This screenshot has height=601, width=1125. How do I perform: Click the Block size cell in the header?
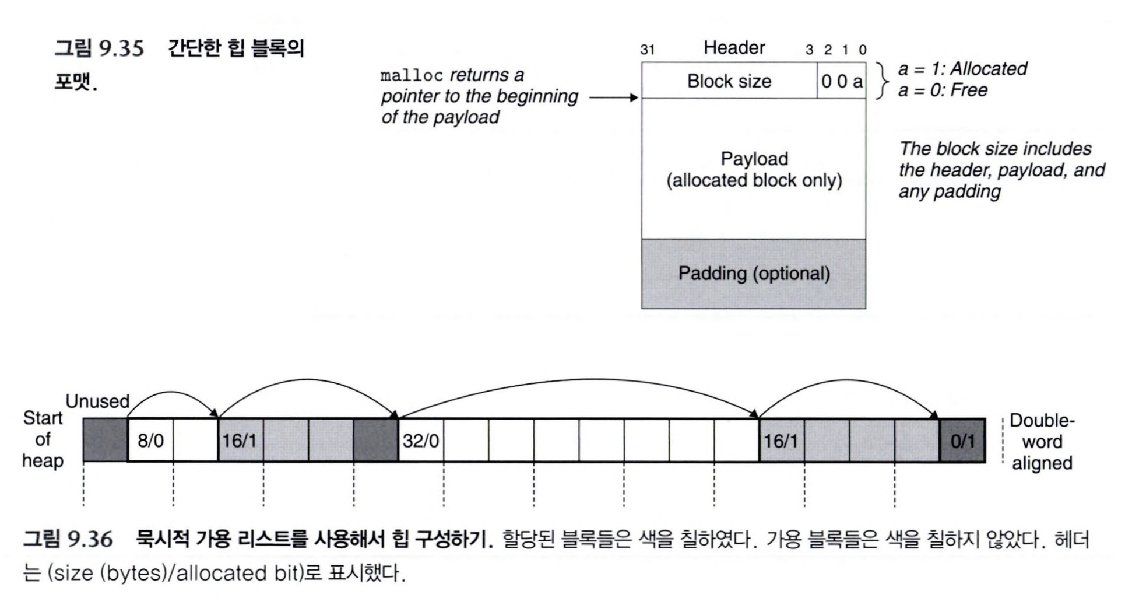pyautogui.click(x=729, y=81)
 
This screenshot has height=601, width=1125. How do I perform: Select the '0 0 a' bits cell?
pyautogui.click(x=841, y=81)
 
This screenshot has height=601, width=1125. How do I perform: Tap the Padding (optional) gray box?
pyautogui.click(x=753, y=274)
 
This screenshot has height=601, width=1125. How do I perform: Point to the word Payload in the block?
pyautogui.click(x=754, y=159)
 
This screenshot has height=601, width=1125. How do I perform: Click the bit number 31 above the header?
pyautogui.click(x=647, y=50)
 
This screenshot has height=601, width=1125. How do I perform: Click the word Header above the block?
pyautogui.click(x=734, y=48)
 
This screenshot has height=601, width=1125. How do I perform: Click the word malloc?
pyautogui.click(x=412, y=76)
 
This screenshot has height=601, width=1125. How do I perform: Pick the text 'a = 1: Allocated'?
pyautogui.click(x=962, y=69)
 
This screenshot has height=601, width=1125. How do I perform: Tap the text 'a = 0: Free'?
pyautogui.click(x=943, y=90)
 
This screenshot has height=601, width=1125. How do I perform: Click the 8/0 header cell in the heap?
pyautogui.click(x=150, y=441)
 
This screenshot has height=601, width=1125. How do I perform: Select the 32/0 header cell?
pyautogui.click(x=420, y=441)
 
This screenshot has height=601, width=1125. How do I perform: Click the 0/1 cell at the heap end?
pyautogui.click(x=962, y=441)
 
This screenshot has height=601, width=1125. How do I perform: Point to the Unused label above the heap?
pyautogui.click(x=97, y=401)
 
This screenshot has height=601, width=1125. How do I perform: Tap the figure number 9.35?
pyautogui.click(x=121, y=48)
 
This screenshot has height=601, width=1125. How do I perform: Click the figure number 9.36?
pyautogui.click(x=90, y=539)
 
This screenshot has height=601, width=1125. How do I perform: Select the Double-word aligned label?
pyautogui.click(x=1042, y=442)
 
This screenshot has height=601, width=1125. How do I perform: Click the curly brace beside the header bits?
pyautogui.click(x=884, y=80)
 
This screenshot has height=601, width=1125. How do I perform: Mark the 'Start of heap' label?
pyautogui.click(x=43, y=439)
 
